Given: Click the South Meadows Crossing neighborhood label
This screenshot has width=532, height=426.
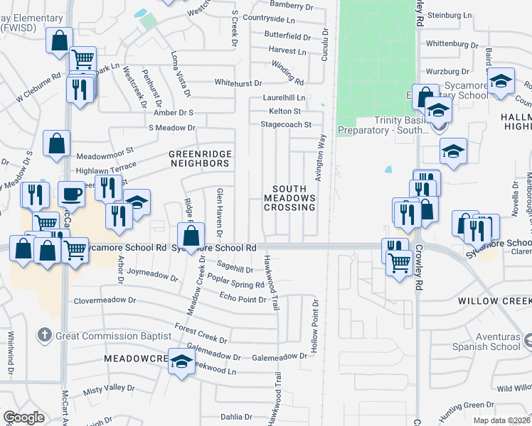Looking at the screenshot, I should (289, 198).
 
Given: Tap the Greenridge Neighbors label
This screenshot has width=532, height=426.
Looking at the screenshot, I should (199, 158).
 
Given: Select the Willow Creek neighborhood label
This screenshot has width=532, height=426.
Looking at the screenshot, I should (495, 301).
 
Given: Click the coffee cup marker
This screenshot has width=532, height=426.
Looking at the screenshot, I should (72, 193).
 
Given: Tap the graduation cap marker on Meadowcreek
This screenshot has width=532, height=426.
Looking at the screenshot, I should (181, 361).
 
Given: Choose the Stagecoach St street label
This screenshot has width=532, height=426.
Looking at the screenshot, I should (287, 124).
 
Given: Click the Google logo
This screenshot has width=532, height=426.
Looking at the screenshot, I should (23, 417).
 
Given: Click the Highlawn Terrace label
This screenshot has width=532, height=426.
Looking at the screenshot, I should (105, 171).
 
